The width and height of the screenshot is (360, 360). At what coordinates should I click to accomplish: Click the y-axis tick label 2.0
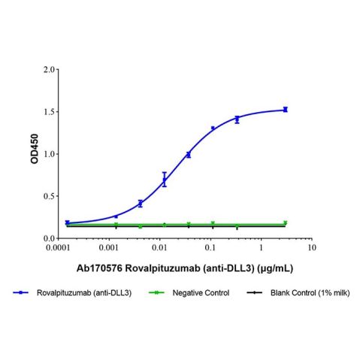(50, 70)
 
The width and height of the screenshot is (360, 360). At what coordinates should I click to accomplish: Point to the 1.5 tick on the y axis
(50, 112)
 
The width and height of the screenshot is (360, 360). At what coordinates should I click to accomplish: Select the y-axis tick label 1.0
(50, 154)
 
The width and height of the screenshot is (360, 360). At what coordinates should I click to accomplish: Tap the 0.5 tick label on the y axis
(50, 196)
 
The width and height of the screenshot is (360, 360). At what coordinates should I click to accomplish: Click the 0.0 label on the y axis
(50, 238)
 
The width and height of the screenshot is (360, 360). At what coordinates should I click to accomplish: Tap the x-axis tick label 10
(311, 247)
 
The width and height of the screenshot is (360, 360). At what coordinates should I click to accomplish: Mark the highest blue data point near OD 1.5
(285, 110)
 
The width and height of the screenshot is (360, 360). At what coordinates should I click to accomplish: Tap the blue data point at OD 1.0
(188, 154)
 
